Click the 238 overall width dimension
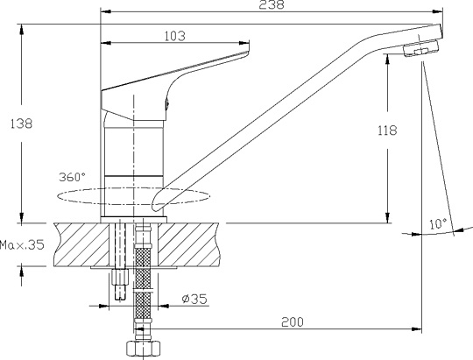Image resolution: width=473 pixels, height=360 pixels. pyautogui.click(x=272, y=5)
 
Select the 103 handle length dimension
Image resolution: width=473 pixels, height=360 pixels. pyautogui.click(x=174, y=36)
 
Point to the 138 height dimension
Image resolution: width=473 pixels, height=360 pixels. pyautogui.click(x=21, y=124)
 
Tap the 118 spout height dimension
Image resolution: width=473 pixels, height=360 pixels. pyautogui.click(x=388, y=131)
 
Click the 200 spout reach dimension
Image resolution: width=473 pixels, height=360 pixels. pyautogui.click(x=293, y=322)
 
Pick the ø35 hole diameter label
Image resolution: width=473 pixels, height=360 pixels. pyautogui.click(x=194, y=299)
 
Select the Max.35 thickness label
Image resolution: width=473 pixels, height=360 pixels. pyautogui.click(x=22, y=244)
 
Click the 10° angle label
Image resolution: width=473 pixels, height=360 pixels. pyautogui.click(x=438, y=224)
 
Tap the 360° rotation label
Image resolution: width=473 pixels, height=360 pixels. pyautogui.click(x=72, y=177)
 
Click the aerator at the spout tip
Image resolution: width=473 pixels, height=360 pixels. pyautogui.click(x=420, y=48)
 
